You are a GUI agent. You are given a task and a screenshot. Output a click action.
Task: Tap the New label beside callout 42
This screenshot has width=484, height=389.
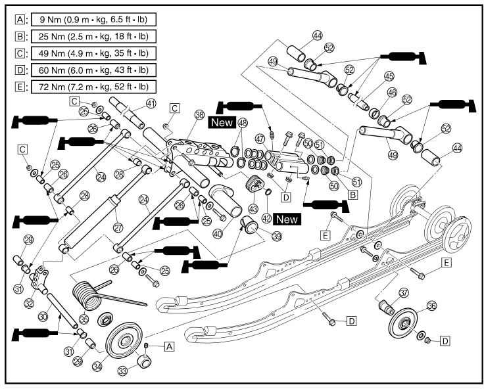(286, 218)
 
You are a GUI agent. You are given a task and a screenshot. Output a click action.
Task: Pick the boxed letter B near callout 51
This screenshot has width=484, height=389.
(352, 194)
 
